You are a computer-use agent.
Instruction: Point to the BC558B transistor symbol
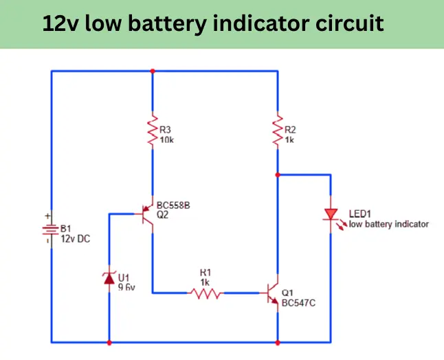point(146,214)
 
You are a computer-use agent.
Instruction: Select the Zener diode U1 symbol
point(109,278)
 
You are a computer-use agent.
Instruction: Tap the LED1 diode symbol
point(331,216)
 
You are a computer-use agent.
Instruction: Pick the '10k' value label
point(166,139)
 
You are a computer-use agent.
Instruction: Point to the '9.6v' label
point(126,288)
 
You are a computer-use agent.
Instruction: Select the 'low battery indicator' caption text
point(388,224)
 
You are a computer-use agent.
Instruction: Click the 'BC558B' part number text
point(173,204)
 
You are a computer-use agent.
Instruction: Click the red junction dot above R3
point(152,70)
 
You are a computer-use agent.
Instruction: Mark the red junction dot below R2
point(278,175)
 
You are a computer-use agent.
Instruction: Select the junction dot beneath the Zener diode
point(109,341)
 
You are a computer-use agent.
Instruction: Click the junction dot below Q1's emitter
point(278,341)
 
